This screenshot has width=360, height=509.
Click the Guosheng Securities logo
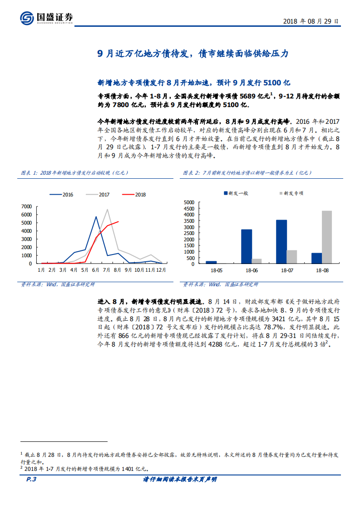tap(46, 18)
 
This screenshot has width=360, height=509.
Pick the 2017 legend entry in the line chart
tap(99, 195)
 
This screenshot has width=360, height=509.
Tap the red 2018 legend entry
tap(135, 195)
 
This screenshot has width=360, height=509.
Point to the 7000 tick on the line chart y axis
tap(26, 206)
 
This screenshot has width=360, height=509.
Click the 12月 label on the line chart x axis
tap(161, 270)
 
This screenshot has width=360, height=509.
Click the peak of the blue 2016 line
tap(96, 217)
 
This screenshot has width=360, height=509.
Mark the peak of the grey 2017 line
tap(107, 209)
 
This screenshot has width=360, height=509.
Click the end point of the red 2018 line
tap(118, 222)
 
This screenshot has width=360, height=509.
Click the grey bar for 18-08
tap(326, 237)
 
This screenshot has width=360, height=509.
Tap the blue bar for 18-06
tap(247, 246)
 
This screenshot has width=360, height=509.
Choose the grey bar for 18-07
tap(292, 257)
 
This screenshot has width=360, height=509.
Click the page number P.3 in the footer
tap(31, 480)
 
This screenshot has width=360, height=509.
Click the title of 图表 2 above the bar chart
tap(247, 173)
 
